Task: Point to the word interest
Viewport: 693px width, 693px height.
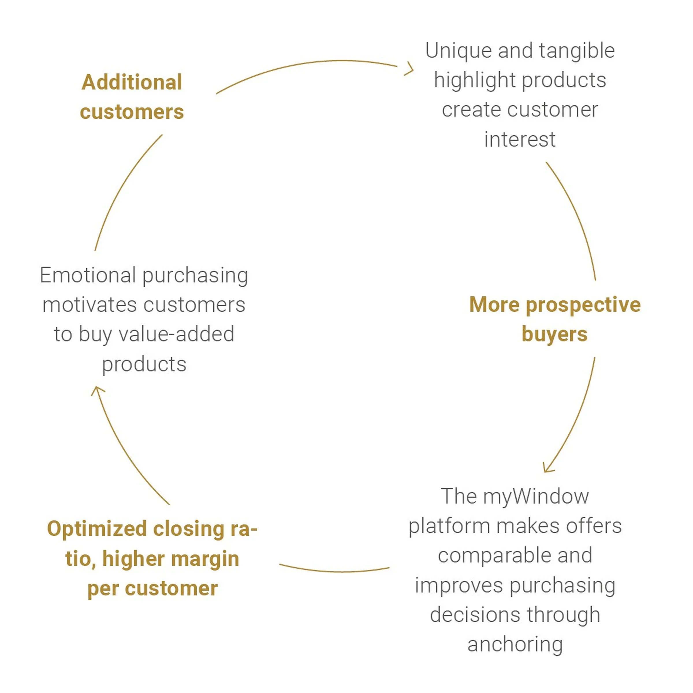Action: [x=520, y=139]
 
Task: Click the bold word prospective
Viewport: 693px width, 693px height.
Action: [x=583, y=305]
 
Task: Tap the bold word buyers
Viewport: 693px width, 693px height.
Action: [x=554, y=334]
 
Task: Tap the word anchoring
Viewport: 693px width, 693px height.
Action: [x=515, y=644]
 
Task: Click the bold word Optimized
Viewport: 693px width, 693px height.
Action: [x=97, y=529]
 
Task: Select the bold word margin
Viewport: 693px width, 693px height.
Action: [x=205, y=559]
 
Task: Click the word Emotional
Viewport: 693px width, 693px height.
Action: [x=87, y=275]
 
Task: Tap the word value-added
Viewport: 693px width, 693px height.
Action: [x=176, y=335]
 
